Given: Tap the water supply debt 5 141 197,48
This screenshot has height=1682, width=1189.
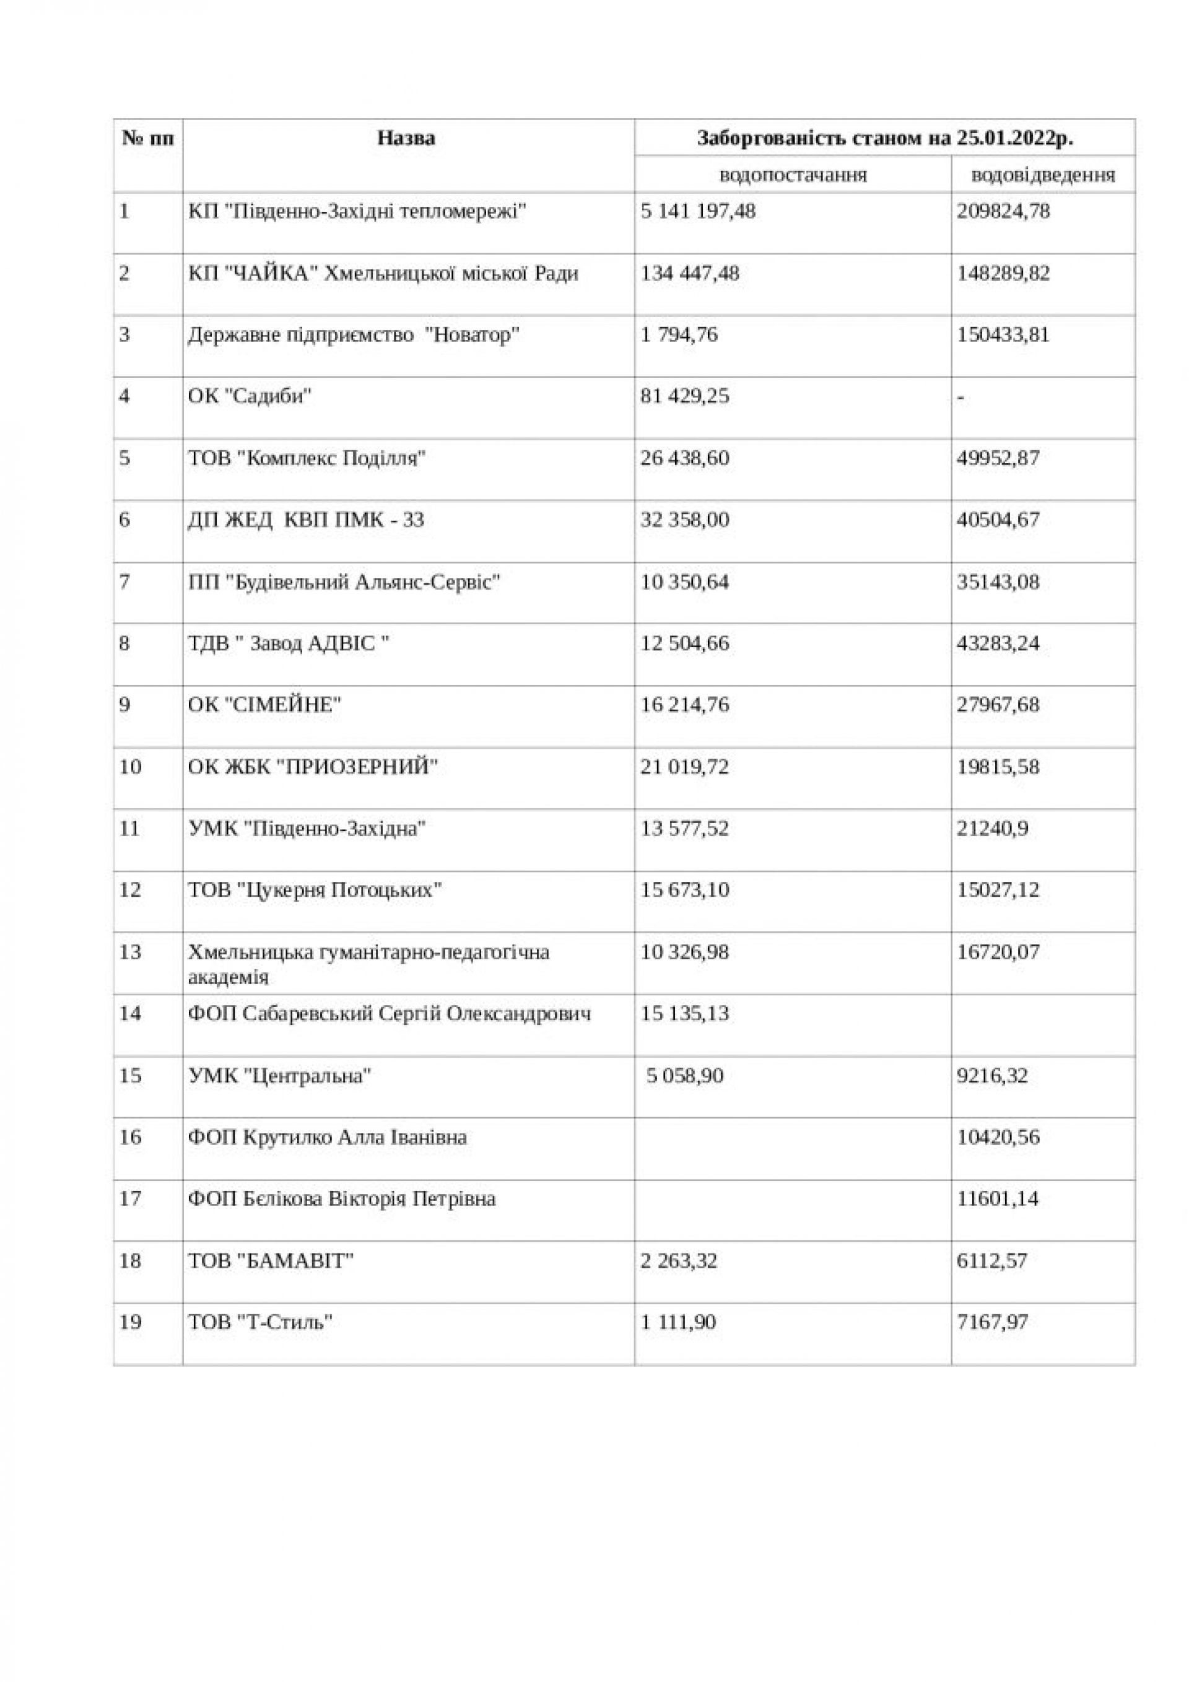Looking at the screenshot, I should pyautogui.click(x=697, y=212).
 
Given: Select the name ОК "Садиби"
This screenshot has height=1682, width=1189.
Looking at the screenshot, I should pyautogui.click(x=250, y=396).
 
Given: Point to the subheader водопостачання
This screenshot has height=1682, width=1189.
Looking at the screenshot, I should pyautogui.click(x=793, y=175).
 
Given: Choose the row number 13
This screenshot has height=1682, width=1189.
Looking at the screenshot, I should pyautogui.click(x=129, y=952).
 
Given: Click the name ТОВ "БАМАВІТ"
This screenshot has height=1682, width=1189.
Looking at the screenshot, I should pyautogui.click(x=271, y=1261).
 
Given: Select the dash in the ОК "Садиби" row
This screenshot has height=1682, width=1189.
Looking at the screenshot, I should pyautogui.click(x=961, y=397).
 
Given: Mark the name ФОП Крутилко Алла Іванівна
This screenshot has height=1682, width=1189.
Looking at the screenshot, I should pyautogui.click(x=328, y=1138).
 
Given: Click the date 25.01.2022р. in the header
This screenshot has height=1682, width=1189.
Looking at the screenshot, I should pyautogui.click(x=1014, y=137).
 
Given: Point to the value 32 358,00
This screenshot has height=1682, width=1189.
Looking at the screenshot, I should pyautogui.click(x=685, y=520).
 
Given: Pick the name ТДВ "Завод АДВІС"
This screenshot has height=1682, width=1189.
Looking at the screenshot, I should pyautogui.click(x=288, y=643).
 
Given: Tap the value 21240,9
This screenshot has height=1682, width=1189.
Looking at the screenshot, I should pyautogui.click(x=992, y=829).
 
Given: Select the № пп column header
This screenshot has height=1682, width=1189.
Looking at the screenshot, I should pyautogui.click(x=148, y=137).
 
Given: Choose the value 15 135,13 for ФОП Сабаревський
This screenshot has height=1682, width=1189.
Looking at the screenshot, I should pyautogui.click(x=685, y=1014).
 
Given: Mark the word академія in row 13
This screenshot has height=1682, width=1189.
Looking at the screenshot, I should pyautogui.click(x=228, y=977).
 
